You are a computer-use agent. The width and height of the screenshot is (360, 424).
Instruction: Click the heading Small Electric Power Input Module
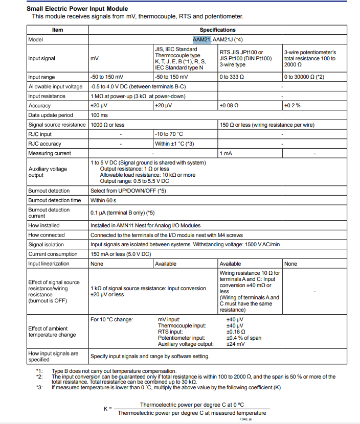pos(77,9)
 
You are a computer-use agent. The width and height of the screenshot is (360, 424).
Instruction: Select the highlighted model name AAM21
pos(201,39)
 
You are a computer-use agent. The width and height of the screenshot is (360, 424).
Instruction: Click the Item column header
pos(58,30)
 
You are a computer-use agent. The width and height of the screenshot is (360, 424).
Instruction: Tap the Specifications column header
pos(217,30)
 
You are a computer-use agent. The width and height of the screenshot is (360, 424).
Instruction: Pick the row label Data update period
pos(51,115)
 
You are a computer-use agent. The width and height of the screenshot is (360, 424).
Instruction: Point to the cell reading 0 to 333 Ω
pos(232,77)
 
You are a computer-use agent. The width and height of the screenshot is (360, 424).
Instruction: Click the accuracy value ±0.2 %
pos(292,106)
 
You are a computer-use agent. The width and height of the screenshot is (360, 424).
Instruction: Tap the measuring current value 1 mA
pos(226,153)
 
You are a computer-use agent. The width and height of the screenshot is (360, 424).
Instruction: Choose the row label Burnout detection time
pos(54,200)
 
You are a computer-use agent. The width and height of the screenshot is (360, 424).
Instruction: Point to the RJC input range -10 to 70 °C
pos(169,134)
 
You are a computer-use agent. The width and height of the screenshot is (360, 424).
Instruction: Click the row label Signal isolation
pos(46,245)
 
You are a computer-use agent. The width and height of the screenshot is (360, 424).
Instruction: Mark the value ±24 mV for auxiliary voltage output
pos(235,344)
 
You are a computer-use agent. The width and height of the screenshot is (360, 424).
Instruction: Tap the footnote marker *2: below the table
pos(39,376)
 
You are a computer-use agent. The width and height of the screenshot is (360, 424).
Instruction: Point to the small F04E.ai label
pos(246,419)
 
